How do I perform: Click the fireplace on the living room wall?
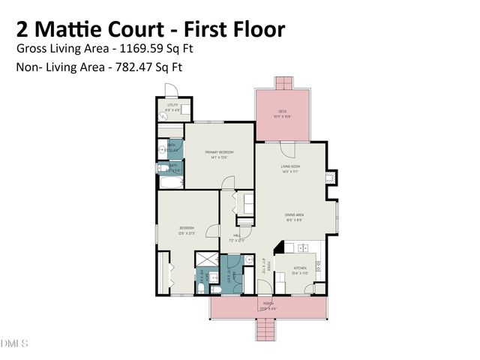coord(330,177)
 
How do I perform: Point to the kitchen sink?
coord(304,248)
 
